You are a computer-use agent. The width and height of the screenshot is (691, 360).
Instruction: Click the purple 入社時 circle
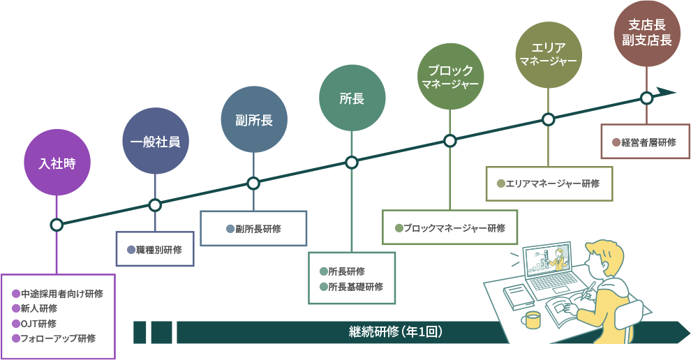click(x=57, y=163)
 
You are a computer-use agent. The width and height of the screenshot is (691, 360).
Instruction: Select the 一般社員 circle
click(x=155, y=142)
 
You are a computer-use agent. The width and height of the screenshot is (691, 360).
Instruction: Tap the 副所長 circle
click(x=253, y=119)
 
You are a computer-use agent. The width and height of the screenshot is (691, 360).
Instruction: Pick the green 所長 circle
click(x=352, y=98)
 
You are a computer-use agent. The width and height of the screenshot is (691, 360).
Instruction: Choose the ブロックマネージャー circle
click(x=450, y=76)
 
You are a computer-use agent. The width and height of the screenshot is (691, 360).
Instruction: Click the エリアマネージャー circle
click(x=549, y=54)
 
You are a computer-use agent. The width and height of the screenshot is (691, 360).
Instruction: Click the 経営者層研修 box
click(x=645, y=142)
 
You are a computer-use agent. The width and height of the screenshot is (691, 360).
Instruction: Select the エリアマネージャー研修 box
click(x=548, y=184)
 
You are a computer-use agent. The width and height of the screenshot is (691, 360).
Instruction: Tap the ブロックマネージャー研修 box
click(x=449, y=228)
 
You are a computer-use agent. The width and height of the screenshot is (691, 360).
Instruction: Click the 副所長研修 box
click(x=253, y=229)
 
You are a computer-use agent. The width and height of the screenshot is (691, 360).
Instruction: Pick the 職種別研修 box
click(x=155, y=250)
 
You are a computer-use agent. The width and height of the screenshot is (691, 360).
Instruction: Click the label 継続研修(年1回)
click(x=395, y=332)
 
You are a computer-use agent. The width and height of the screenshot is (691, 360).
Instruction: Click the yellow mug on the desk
click(x=532, y=320)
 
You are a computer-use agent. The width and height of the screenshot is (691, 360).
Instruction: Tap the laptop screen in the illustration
click(x=547, y=262)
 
